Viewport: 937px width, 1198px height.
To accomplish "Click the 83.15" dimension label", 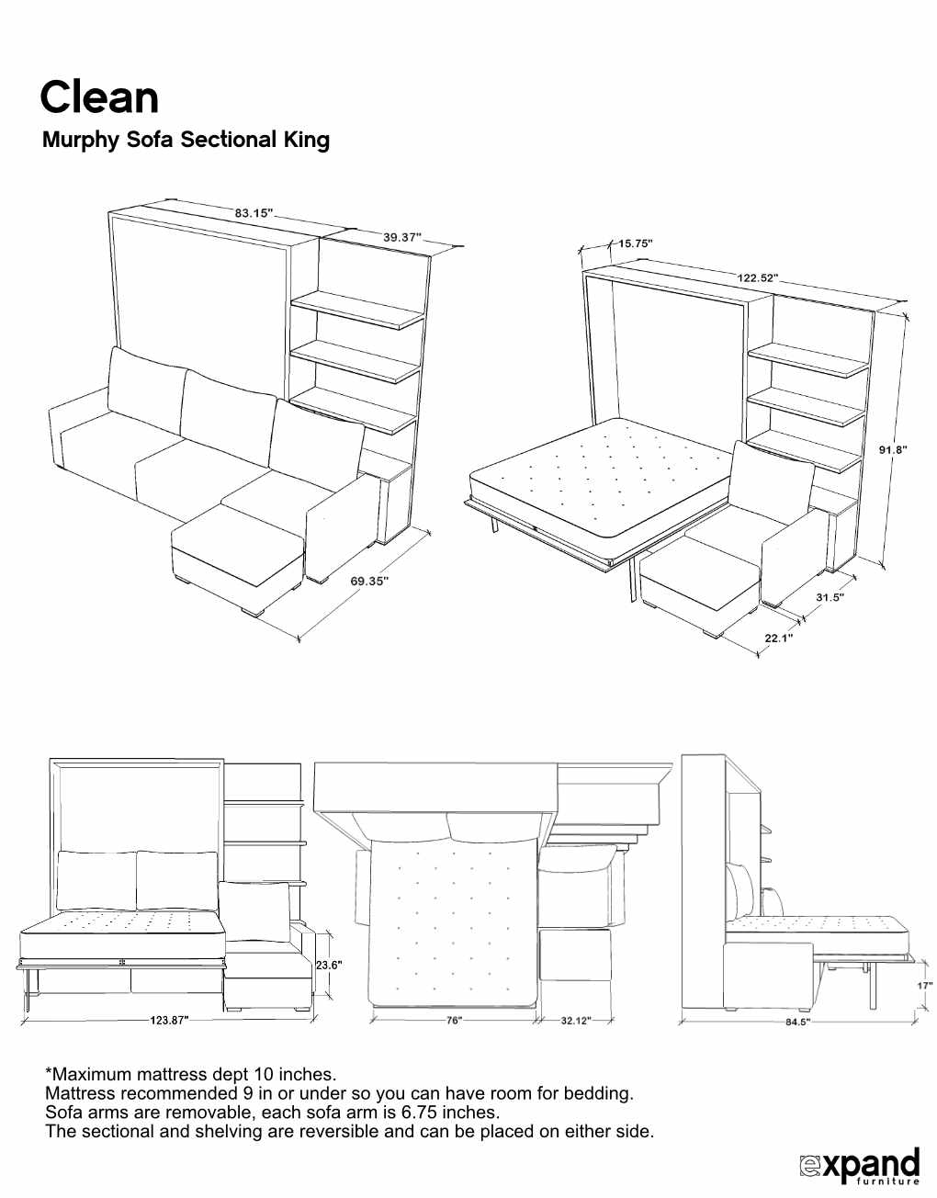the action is pos(254,213).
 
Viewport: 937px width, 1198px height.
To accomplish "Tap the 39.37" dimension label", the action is pos(401,238).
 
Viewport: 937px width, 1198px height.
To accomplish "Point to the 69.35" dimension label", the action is pos(369,581).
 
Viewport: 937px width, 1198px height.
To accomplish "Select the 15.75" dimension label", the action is pos(635,243).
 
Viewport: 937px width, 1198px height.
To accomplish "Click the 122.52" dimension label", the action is pos(757,277).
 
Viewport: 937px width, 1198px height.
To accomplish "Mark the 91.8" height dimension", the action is pos(892,449).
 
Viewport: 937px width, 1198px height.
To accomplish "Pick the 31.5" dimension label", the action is pos(830,596).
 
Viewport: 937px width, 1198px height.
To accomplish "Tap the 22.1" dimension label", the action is pos(778,638).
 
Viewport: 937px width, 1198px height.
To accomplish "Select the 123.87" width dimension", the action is pos(169,1020).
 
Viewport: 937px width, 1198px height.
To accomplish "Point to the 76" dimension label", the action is pos(454,1021).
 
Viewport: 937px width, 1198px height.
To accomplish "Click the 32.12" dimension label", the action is pos(575,1021).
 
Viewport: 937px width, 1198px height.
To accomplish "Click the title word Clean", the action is pos(99,97).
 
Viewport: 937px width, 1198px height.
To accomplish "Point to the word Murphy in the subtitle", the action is pos(81,140).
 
